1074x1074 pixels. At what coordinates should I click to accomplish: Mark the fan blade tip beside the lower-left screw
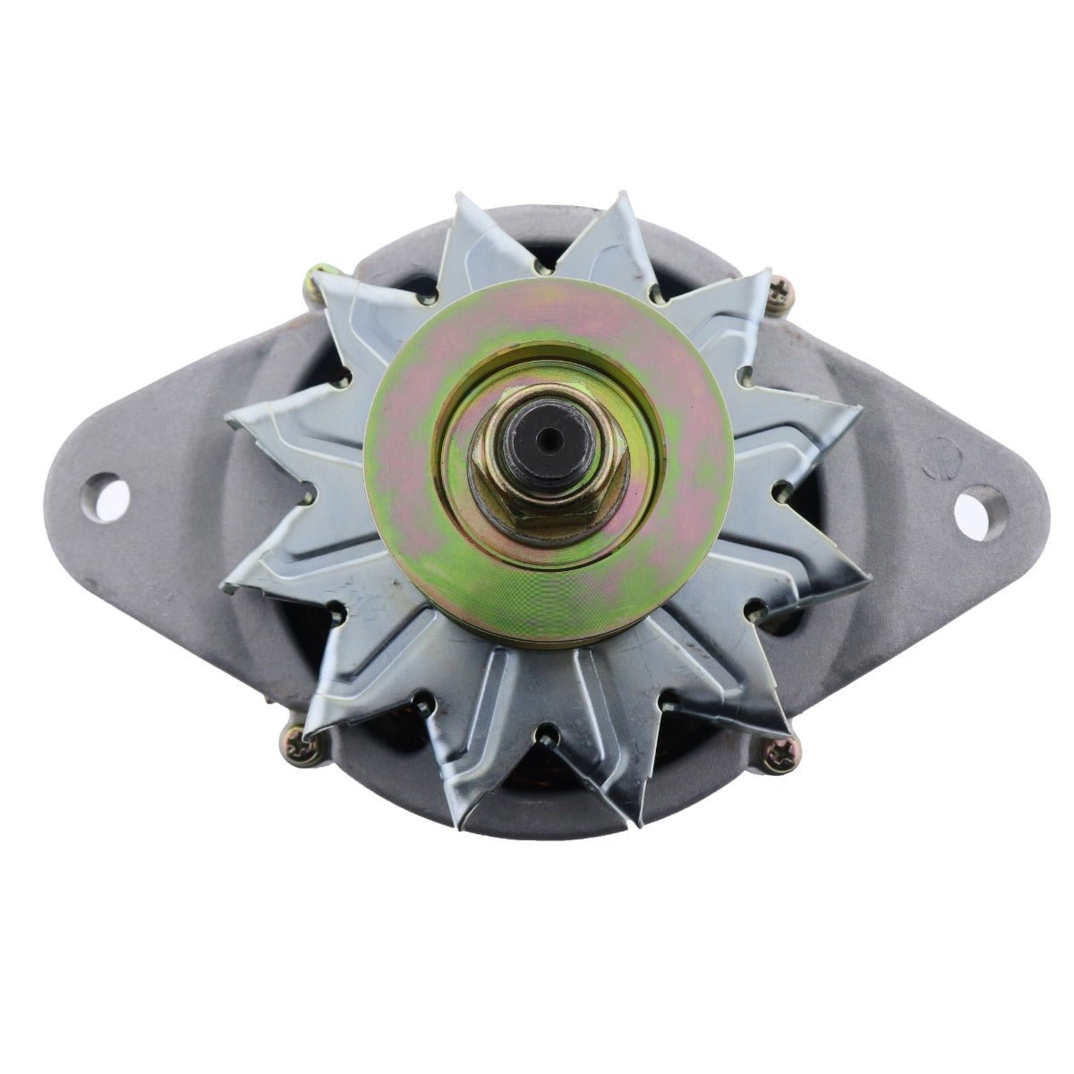pos(315,729)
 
